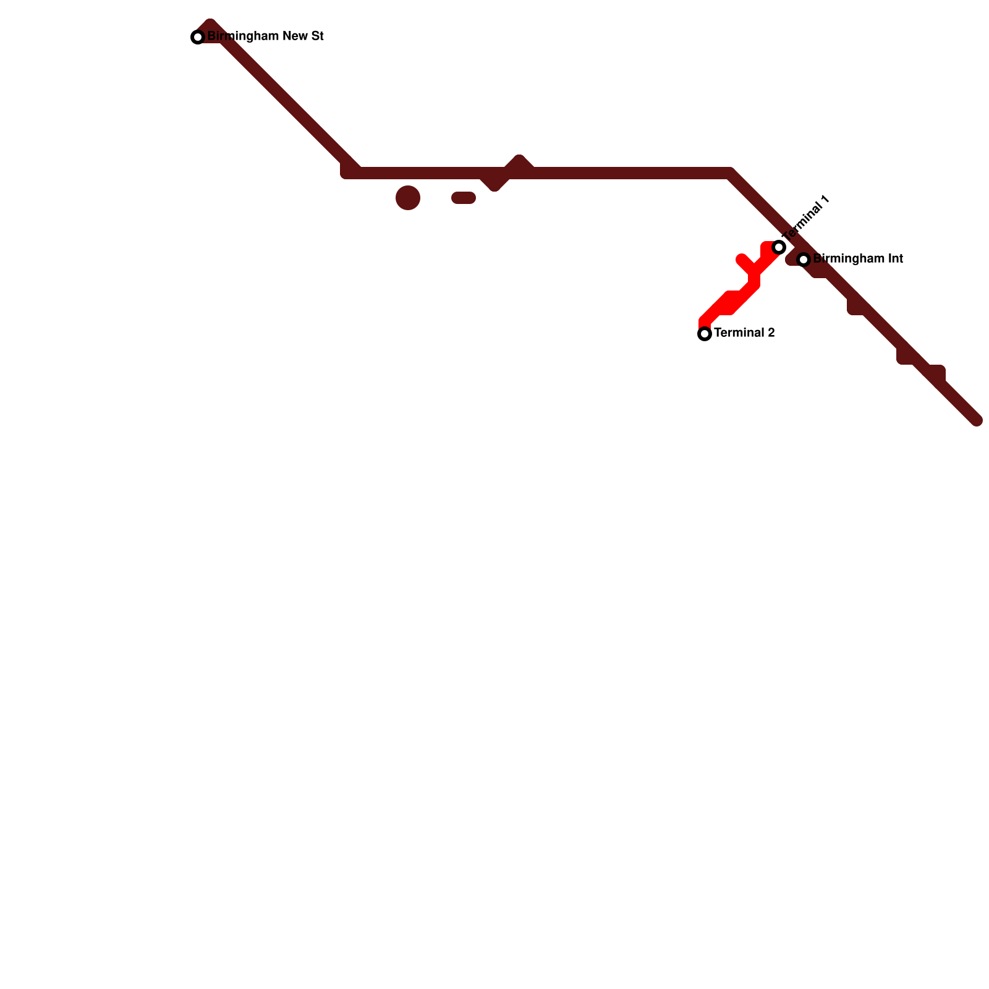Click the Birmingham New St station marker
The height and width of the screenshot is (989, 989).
(x=198, y=37)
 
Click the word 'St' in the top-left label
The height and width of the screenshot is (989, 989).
(x=317, y=36)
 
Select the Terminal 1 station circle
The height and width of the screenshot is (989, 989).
(x=779, y=247)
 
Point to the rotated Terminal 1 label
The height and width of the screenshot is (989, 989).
(x=805, y=219)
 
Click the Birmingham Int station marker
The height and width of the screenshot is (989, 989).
(x=804, y=260)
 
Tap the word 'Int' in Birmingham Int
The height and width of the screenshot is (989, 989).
(x=895, y=259)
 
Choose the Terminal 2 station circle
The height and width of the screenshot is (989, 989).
(x=705, y=334)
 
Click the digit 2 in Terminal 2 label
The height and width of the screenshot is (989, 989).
(x=771, y=333)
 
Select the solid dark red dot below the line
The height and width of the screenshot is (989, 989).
(x=408, y=198)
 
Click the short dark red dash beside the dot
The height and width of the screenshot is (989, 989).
(x=464, y=198)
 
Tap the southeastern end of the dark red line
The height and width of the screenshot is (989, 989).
(x=976, y=420)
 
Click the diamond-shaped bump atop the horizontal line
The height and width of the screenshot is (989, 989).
(x=519, y=163)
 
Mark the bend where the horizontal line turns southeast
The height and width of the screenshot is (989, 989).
(x=731, y=173)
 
